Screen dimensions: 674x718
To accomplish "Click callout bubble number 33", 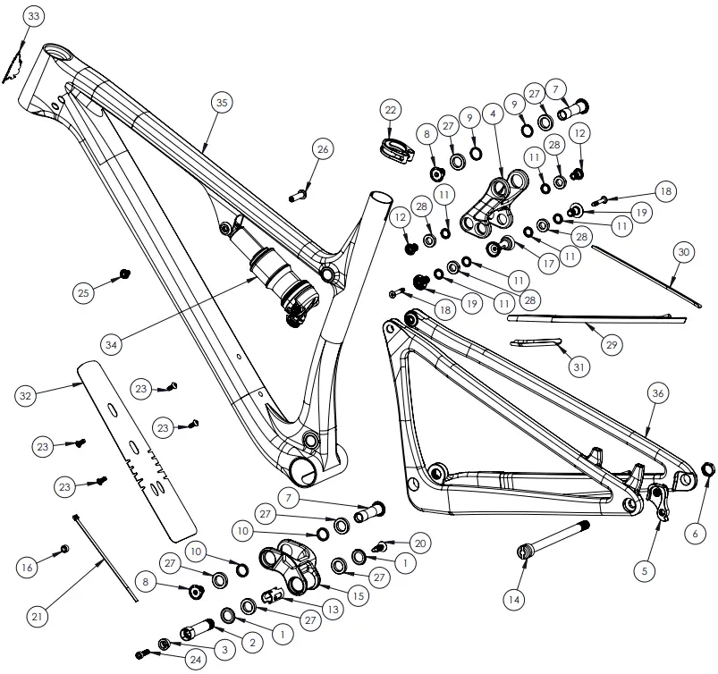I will pos(33,17).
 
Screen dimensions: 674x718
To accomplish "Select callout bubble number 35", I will pos(222,103).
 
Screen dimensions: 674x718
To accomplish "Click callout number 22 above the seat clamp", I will pos(390,110).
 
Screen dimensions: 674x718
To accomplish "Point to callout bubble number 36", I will pos(658,393).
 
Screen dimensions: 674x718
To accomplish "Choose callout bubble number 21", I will pos(37,617).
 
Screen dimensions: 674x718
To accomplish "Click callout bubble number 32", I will pos(26,394).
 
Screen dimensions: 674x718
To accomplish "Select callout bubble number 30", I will pos(684,252).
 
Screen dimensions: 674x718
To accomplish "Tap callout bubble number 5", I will pos(652,566).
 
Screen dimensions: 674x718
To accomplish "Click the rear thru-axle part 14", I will pos(550,540).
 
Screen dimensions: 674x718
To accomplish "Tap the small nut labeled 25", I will pos(124,273).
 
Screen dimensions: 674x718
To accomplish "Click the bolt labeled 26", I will pos(298,192).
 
